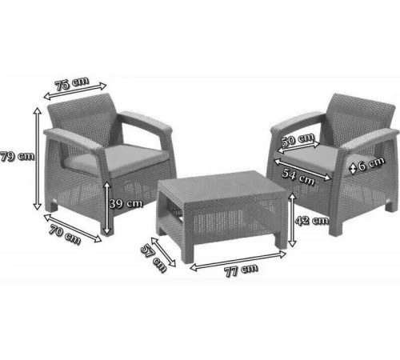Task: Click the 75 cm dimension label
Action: [x=72, y=83]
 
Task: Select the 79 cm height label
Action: [x=18, y=156]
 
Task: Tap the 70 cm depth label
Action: [x=65, y=234]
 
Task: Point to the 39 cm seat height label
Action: [x=126, y=204]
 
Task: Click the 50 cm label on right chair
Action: [x=298, y=139]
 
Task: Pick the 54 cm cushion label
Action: [x=298, y=177]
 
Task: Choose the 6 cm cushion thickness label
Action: [x=371, y=164]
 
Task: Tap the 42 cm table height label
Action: [x=312, y=220]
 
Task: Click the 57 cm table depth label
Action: [x=154, y=258]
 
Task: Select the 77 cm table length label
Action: [x=241, y=270]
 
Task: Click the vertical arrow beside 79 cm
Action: [x=38, y=158]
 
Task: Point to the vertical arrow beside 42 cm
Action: [x=293, y=220]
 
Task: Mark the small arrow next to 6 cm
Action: [x=353, y=169]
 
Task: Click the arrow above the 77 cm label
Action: [x=238, y=261]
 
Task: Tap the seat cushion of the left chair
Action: [x=118, y=159]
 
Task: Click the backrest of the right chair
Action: [x=362, y=115]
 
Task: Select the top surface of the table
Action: [x=222, y=188]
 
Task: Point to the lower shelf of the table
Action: [x=174, y=210]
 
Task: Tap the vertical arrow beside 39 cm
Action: [x=107, y=208]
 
